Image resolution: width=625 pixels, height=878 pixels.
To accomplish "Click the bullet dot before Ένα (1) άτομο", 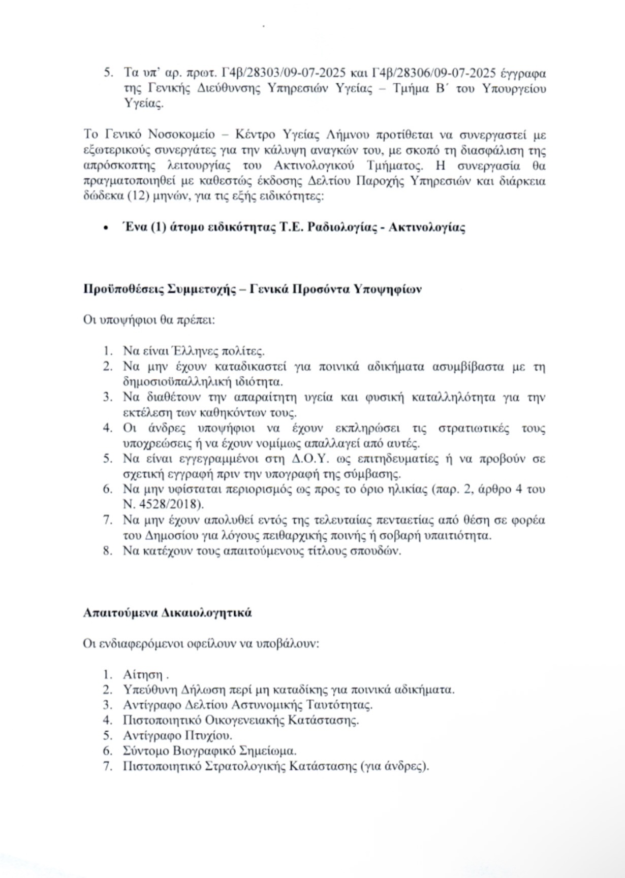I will click(105, 228).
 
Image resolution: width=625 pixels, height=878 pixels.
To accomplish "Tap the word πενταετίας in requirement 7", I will click(403, 521).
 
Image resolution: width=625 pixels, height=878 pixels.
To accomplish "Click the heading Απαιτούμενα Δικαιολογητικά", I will click(167, 612).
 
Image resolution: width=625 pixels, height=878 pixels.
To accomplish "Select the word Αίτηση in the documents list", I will click(142, 675).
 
